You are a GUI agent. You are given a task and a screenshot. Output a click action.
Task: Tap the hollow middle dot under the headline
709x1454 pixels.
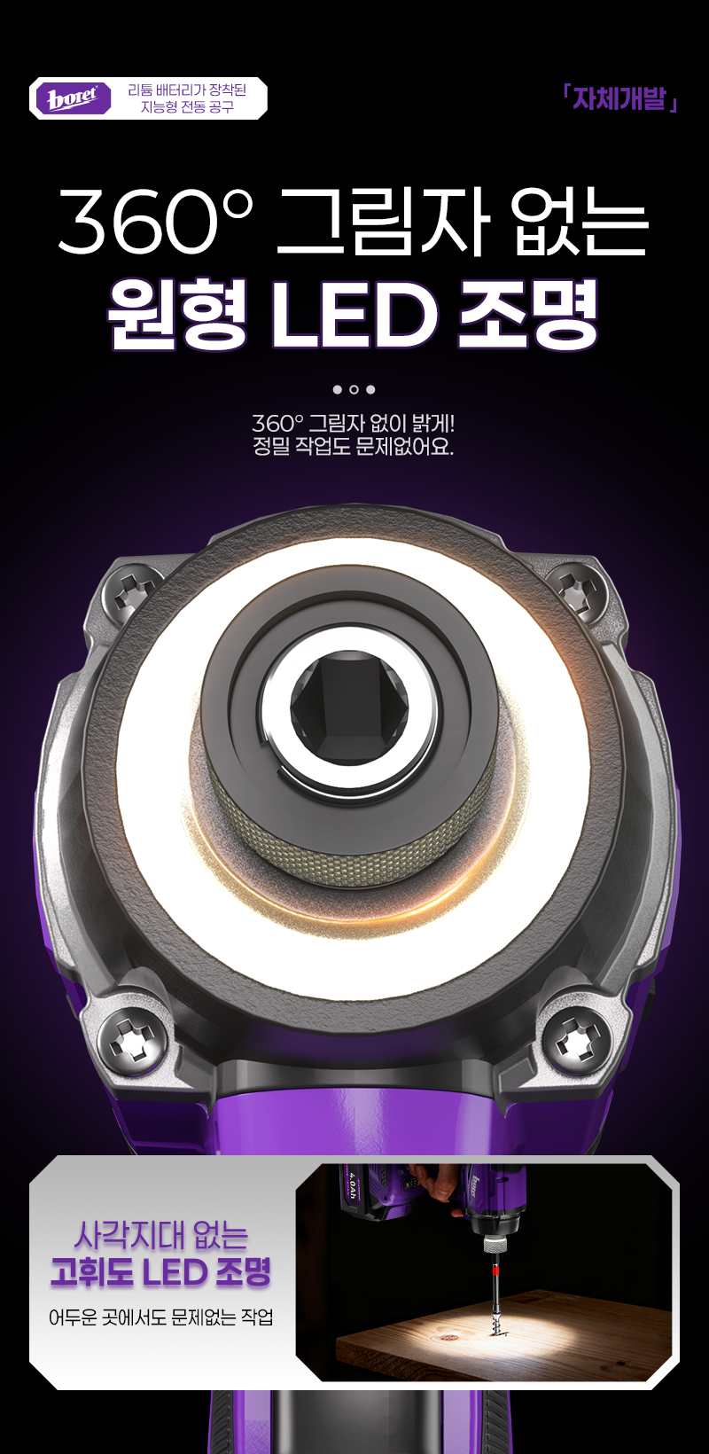click(354, 389)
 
